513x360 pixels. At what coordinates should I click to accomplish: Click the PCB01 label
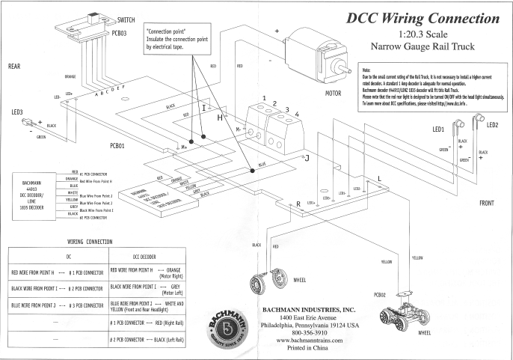pyautogui.click(x=122, y=145)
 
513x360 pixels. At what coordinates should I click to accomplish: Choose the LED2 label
pyautogui.click(x=494, y=125)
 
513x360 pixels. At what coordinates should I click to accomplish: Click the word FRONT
pyautogui.click(x=487, y=204)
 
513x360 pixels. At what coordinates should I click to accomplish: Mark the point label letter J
pyautogui.click(x=306, y=158)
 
